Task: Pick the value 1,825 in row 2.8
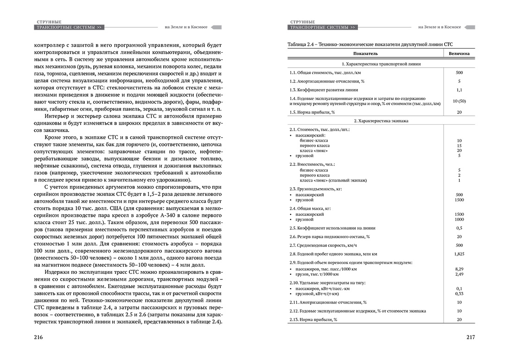(459, 254)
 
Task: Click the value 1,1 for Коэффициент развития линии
(459, 89)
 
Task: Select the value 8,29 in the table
(459, 269)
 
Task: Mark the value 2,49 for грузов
(459, 274)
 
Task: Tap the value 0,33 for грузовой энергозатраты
(459, 293)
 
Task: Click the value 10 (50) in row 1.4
(459, 101)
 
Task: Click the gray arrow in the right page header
(468, 27)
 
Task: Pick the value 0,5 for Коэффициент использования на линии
(459, 228)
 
